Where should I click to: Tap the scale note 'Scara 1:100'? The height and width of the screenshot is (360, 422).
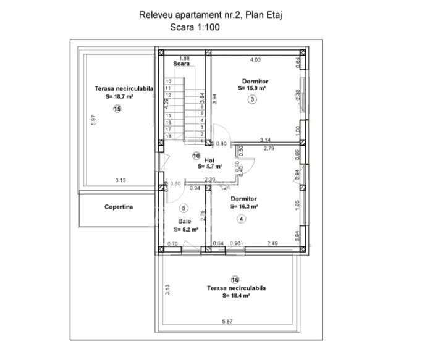point(195,27)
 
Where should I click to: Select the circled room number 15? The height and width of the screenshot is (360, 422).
point(117,109)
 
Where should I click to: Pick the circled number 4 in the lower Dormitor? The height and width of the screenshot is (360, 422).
point(241,219)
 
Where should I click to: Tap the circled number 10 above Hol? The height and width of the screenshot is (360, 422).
point(196,156)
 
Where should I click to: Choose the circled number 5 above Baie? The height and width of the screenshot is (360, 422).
point(184,207)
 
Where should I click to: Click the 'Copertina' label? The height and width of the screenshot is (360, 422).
point(118,207)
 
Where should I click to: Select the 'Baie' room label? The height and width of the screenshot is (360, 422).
point(185,220)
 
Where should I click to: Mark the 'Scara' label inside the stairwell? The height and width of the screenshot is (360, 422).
point(181,64)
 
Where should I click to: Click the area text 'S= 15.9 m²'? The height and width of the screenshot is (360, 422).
point(251,88)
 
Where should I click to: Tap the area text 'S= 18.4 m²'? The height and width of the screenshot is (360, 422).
point(235,296)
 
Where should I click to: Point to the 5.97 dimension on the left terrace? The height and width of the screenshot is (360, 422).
point(93,120)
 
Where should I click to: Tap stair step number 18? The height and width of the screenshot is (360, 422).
point(168,136)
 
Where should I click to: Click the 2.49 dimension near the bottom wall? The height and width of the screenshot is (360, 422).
point(272,243)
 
